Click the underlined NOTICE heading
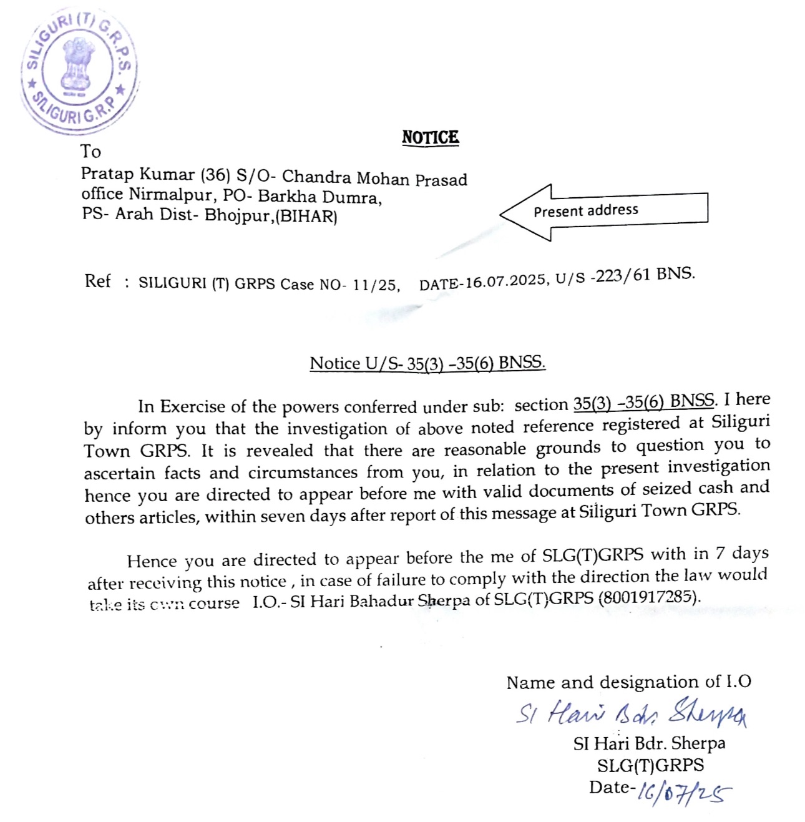click(x=430, y=137)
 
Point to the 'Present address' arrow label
click(x=585, y=210)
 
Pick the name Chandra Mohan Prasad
click(x=374, y=179)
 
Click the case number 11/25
click(x=374, y=285)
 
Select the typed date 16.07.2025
click(x=505, y=281)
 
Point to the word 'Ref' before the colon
click(x=97, y=281)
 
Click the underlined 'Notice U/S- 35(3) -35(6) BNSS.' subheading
click(x=427, y=363)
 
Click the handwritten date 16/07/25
click(x=684, y=793)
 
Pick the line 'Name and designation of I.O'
click(x=628, y=682)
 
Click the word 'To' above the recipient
click(x=90, y=152)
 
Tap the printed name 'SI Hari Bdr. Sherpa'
click(x=649, y=743)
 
